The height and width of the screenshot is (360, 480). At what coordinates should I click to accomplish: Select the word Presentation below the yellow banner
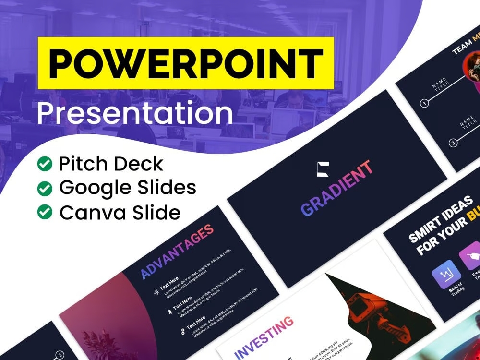(x=135, y=114)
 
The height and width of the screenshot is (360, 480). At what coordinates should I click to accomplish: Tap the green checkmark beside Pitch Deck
(x=45, y=165)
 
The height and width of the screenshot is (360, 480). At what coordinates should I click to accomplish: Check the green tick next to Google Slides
(x=45, y=188)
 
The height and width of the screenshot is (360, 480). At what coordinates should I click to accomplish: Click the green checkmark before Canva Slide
(x=45, y=212)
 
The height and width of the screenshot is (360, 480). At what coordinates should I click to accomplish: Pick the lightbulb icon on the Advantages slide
(x=156, y=291)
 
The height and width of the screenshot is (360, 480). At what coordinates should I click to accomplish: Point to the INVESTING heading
(x=264, y=337)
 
